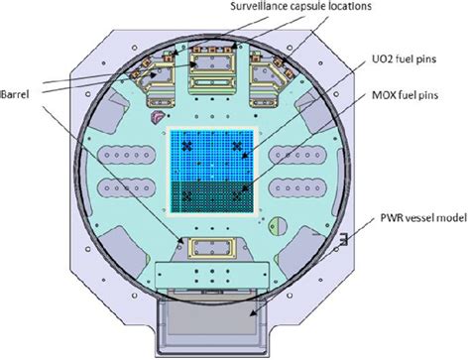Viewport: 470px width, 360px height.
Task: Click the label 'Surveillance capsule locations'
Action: tap(300, 6)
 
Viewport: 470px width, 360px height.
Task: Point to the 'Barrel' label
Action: tap(15, 94)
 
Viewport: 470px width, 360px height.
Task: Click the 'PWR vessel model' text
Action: tap(423, 218)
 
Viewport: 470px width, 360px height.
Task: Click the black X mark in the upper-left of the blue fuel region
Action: tap(187, 146)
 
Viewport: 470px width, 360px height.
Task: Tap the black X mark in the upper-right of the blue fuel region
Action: tap(237, 146)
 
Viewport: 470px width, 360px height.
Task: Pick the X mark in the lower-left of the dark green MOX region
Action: tap(187, 196)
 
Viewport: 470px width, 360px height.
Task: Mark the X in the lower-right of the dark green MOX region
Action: tap(237, 196)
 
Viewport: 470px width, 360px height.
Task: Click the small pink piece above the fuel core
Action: tap(157, 117)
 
